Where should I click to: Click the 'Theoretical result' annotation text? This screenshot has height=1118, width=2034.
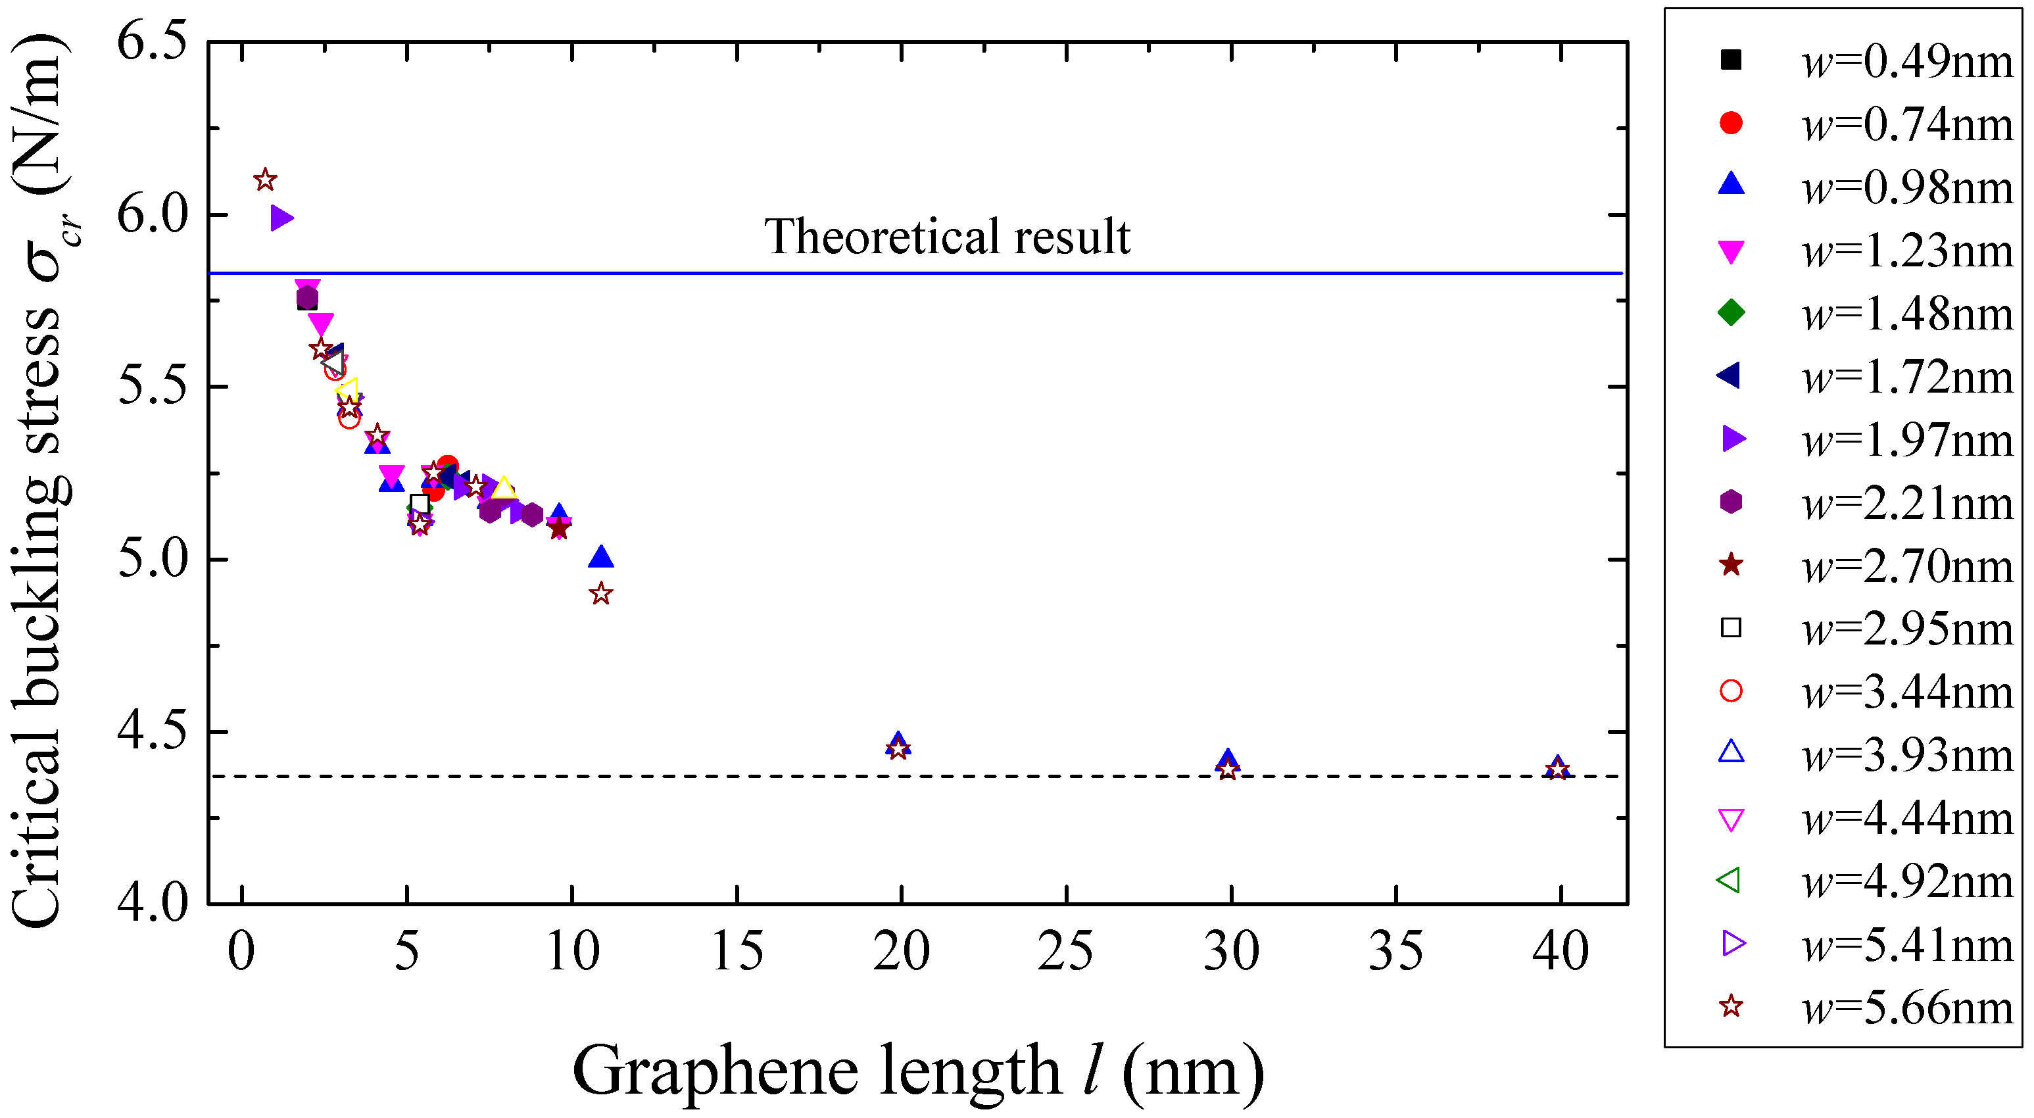click(947, 237)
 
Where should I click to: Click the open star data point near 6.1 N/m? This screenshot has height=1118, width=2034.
click(265, 180)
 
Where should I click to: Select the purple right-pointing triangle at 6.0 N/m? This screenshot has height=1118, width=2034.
click(281, 218)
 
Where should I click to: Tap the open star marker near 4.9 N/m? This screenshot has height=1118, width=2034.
click(601, 594)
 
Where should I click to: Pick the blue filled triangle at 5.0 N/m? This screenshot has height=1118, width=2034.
click(601, 556)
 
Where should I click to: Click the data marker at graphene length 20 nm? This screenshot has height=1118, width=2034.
click(898, 746)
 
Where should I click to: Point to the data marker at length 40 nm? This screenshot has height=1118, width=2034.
click(1557, 768)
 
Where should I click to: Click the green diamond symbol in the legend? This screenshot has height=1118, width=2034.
click(1731, 312)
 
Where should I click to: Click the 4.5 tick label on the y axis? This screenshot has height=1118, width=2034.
click(153, 732)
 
